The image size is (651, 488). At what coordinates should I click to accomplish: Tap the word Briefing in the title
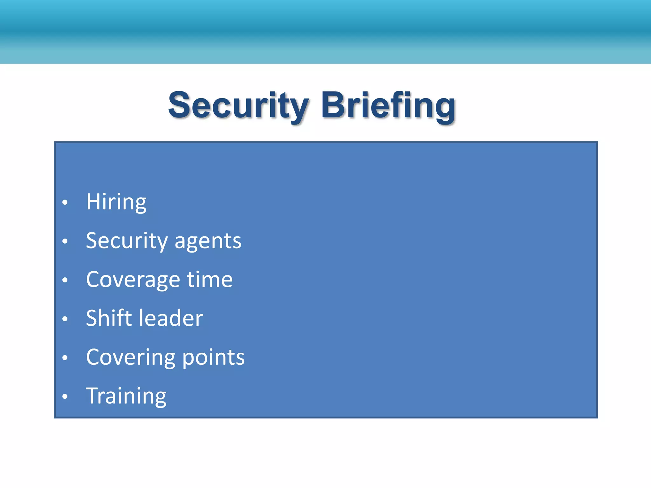(388, 105)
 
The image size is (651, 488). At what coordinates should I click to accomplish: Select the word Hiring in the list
(116, 202)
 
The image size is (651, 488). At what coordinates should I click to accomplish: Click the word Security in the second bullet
(127, 241)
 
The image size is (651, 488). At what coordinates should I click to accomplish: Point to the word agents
(208, 241)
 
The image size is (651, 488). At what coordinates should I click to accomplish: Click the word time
(210, 280)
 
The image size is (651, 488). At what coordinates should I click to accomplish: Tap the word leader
(171, 318)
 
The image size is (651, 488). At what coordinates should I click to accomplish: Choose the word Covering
(131, 357)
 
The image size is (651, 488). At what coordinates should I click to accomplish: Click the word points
(214, 357)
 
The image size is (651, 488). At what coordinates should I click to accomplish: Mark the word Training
(126, 396)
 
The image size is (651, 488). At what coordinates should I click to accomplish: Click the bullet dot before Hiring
(65, 202)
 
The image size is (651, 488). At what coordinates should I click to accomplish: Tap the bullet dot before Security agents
(65, 241)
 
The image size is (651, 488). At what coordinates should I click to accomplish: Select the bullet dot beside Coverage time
(65, 280)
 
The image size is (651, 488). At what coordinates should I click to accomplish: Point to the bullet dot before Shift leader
(65, 319)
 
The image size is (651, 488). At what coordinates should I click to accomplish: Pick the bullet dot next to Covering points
(65, 357)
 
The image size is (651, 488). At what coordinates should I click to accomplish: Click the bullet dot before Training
(65, 396)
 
